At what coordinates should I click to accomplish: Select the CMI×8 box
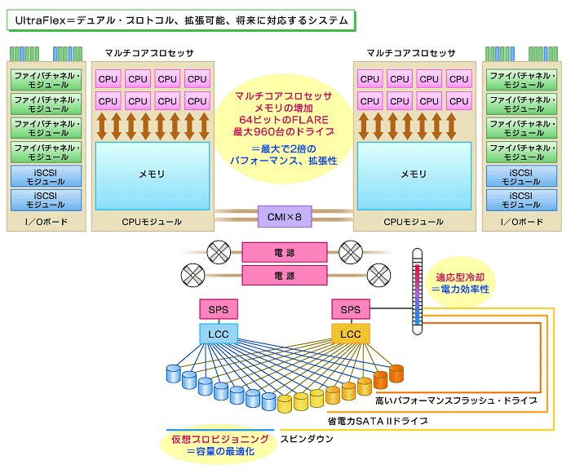pyautogui.click(x=285, y=216)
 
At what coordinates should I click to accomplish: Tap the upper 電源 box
pyautogui.click(x=285, y=253)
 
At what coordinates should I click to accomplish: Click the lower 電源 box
pyautogui.click(x=285, y=276)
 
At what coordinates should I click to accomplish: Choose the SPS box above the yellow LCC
pyautogui.click(x=350, y=310)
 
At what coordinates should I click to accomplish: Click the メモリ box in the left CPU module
pyautogui.click(x=152, y=175)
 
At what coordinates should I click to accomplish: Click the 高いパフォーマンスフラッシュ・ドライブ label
pyautogui.click(x=455, y=401)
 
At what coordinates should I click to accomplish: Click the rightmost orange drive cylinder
pyautogui.click(x=396, y=374)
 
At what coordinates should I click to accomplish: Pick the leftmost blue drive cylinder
pyautogui.click(x=173, y=374)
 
